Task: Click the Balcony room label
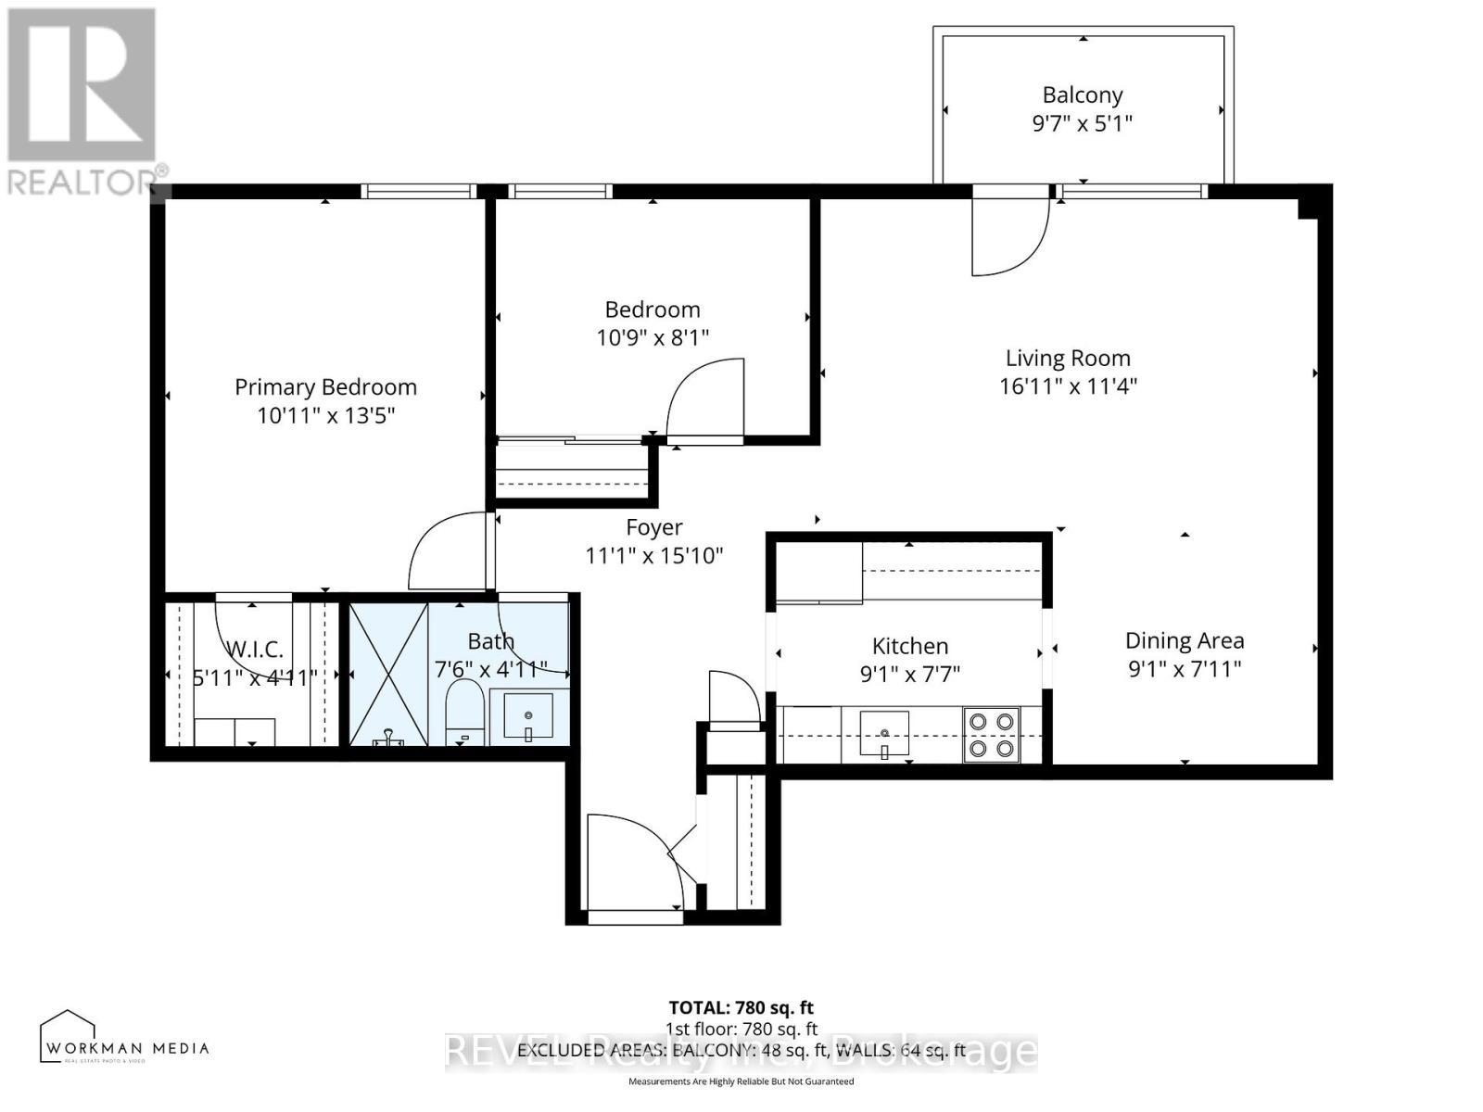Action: click(x=1082, y=95)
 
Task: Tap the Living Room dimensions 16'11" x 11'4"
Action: click(x=1068, y=386)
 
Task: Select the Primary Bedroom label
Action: click(x=325, y=386)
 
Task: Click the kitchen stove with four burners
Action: click(x=991, y=735)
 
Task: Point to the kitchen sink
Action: click(x=883, y=733)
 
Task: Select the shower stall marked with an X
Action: click(x=389, y=673)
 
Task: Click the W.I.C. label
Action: click(x=254, y=649)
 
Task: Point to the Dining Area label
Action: click(x=1184, y=640)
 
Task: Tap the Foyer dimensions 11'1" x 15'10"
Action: click(x=653, y=556)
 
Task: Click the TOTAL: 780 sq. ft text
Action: click(x=741, y=1007)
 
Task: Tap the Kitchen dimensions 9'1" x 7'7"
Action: click(x=909, y=674)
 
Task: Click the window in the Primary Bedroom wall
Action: click(x=418, y=192)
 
